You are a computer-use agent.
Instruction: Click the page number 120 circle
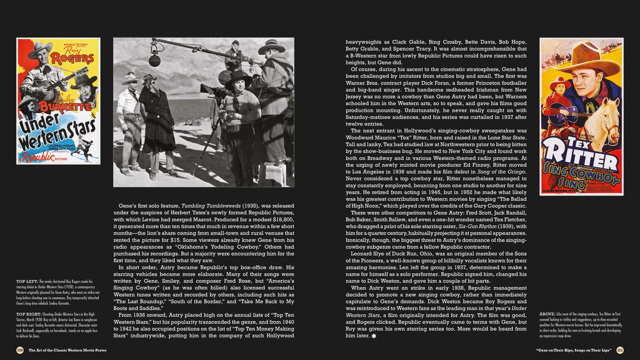[20, 350]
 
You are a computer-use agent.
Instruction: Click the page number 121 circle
[620, 350]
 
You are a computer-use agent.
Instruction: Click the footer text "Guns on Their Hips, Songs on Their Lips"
[574, 350]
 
